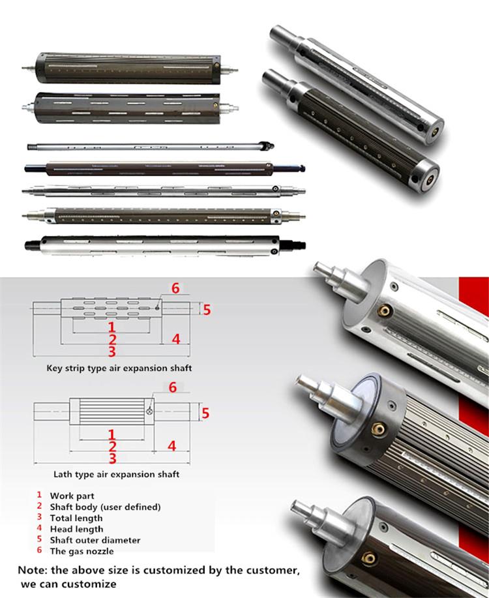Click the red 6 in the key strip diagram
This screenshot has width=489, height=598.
(x=175, y=288)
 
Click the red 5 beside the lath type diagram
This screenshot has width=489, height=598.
(x=206, y=412)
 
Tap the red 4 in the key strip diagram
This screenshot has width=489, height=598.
(x=175, y=338)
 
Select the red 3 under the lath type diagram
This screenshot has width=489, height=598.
(x=112, y=458)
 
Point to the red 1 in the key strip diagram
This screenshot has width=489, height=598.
(x=112, y=326)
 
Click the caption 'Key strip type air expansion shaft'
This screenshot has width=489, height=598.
(x=119, y=368)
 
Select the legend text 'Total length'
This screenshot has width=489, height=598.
(x=76, y=518)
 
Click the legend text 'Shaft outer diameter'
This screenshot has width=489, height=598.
(x=95, y=540)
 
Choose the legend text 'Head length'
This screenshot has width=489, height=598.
(x=76, y=529)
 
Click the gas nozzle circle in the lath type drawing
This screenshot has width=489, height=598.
(x=151, y=412)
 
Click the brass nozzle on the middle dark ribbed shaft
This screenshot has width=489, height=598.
(x=377, y=428)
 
